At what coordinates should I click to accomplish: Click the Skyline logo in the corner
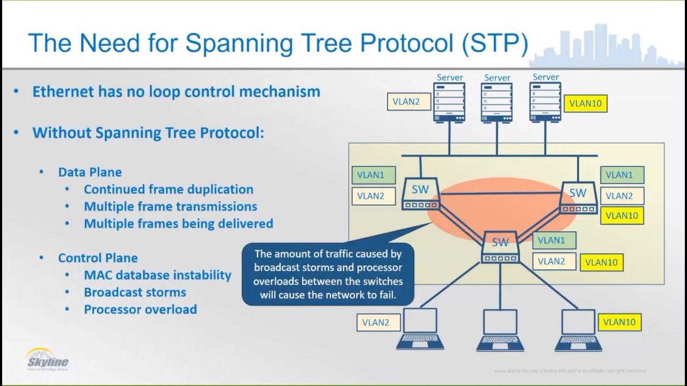[47, 359]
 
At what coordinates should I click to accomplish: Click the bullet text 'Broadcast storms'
[135, 292]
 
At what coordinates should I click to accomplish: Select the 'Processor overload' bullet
[140, 309]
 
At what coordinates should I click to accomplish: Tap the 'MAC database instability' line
[157, 275]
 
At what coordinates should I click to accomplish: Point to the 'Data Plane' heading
[90, 172]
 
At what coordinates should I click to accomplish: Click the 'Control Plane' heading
[98, 258]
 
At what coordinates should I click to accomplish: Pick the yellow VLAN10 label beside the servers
[585, 103]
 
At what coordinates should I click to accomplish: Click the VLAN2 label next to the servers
[408, 101]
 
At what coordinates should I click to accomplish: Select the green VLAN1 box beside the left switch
[374, 175]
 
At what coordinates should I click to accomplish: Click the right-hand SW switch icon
[578, 197]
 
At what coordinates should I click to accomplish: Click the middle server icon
[496, 102]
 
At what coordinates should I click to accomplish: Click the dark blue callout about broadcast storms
[328, 274]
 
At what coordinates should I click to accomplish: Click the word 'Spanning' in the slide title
[241, 43]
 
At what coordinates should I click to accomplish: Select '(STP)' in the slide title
[494, 43]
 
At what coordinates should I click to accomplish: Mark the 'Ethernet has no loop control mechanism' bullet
[176, 92]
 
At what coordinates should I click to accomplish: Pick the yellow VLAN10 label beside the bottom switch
[601, 262]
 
